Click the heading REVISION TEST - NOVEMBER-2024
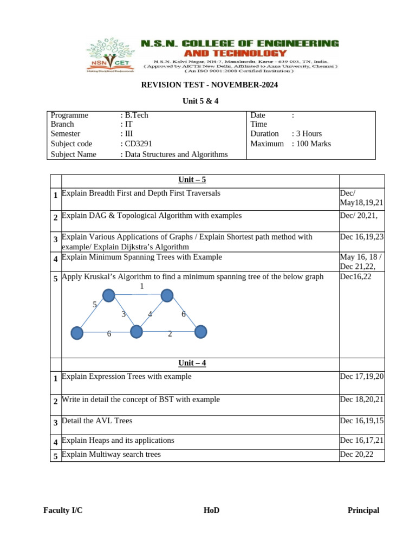click(209, 85)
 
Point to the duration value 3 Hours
click(309, 133)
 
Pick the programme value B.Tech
click(136, 115)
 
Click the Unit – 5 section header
click(192, 180)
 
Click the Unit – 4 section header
click(192, 363)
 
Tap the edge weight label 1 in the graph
click(142, 286)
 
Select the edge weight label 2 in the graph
click(170, 334)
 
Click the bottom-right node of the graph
click(200, 332)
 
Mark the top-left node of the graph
click(109, 295)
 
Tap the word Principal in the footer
click(363, 510)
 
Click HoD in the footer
click(211, 510)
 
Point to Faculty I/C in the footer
click(63, 510)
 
